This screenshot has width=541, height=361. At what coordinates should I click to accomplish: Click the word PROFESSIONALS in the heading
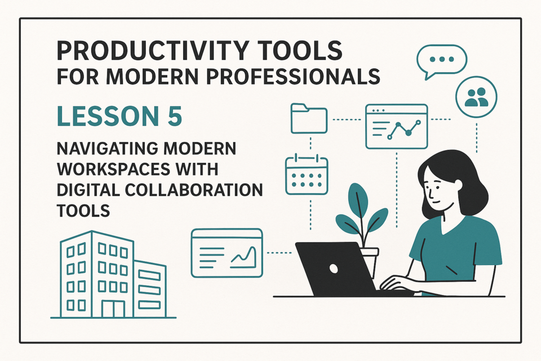293,76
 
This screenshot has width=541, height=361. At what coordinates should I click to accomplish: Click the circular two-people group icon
476,97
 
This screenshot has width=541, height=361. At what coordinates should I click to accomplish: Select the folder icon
309,118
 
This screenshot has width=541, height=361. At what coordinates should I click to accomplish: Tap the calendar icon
307,175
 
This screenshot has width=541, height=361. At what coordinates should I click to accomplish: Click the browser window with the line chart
396,126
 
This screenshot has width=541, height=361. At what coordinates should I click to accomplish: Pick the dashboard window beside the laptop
227,253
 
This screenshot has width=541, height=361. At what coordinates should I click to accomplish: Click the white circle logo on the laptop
334,268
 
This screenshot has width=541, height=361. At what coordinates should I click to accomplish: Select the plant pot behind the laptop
369,261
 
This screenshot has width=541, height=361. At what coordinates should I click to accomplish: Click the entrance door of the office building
113,309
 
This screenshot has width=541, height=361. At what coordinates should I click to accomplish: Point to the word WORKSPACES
113,169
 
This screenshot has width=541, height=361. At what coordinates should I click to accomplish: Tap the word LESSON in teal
103,116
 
